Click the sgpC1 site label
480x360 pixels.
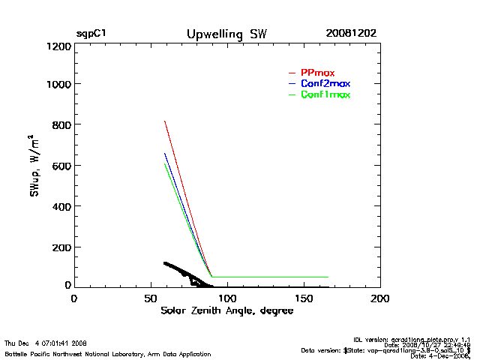point(91,34)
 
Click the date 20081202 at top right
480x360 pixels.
point(351,34)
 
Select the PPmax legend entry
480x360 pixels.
point(317,72)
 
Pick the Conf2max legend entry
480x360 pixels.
point(325,83)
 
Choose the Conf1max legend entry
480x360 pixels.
point(325,94)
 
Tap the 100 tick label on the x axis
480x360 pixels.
point(227,298)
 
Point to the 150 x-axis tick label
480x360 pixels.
point(304,298)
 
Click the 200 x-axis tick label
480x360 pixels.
point(380,298)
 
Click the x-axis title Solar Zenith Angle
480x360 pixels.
point(225,310)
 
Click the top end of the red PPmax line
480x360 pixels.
point(164,121)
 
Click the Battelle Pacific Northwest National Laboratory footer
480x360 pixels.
point(107,353)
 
